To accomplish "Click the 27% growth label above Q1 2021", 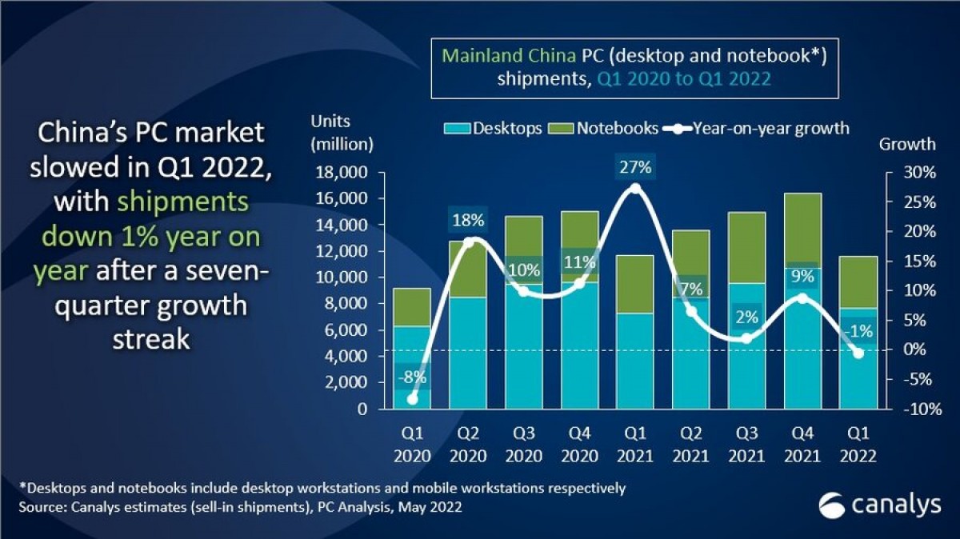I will pos(635,168).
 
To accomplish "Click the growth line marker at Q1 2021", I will pos(635,189).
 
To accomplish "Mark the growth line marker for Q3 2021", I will pos(746,338).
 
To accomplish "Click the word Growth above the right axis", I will pos(906,145).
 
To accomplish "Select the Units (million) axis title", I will pos(342,132).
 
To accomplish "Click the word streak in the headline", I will pos(151,338).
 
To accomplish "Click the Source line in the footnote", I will pos(240,508).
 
